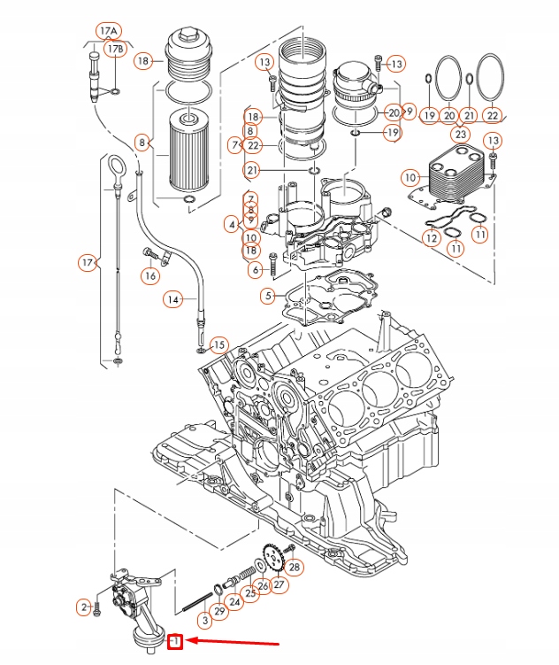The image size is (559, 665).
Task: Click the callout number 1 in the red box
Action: pos(176,641)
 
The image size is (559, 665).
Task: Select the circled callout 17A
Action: pos(108,30)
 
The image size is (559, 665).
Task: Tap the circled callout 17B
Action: pos(116,50)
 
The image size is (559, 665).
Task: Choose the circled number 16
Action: pos(150,275)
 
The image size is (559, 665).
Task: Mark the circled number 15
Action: pos(218,344)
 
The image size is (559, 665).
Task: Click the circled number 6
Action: pos(256,269)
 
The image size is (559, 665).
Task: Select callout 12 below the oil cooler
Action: pos(432,237)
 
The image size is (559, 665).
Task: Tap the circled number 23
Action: pos(459,135)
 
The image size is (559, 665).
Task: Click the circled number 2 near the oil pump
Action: pos(83,607)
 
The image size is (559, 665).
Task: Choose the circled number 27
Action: pos(279,584)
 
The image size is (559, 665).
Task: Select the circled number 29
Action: pos(219,612)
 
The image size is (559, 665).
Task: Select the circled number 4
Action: pos(232,225)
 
